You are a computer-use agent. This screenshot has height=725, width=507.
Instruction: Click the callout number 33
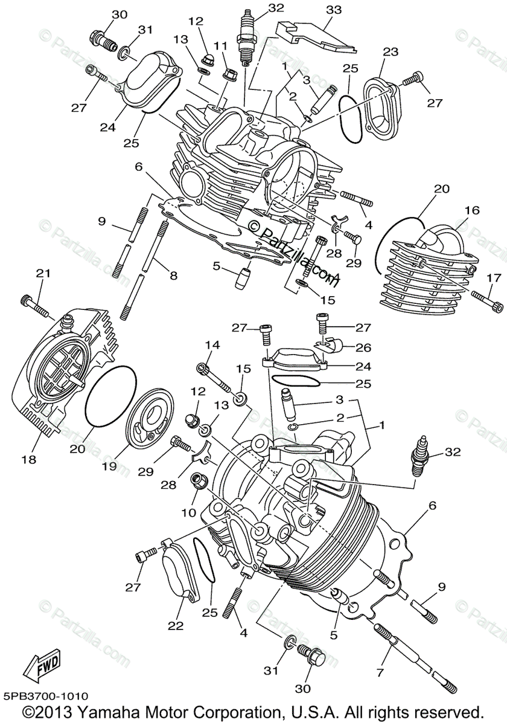pos(333,10)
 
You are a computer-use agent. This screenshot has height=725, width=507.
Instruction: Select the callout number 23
pos(391,52)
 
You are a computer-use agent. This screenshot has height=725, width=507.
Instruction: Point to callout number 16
pos(472,210)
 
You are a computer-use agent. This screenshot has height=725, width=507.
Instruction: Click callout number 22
pos(175,626)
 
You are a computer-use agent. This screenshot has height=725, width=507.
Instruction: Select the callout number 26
pos(364,348)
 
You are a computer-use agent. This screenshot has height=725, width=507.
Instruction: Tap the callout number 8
pos(173,276)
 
